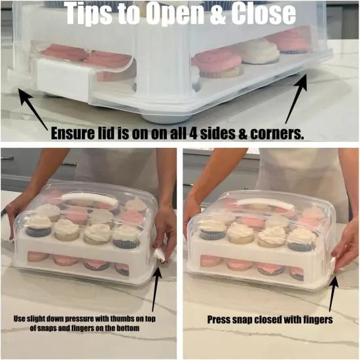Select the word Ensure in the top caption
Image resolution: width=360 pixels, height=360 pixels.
76,134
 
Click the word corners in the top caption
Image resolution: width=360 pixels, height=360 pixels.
274,134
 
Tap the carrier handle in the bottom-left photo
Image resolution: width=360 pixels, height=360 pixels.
86,196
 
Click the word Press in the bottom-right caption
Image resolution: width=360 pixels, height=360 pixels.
219,321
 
